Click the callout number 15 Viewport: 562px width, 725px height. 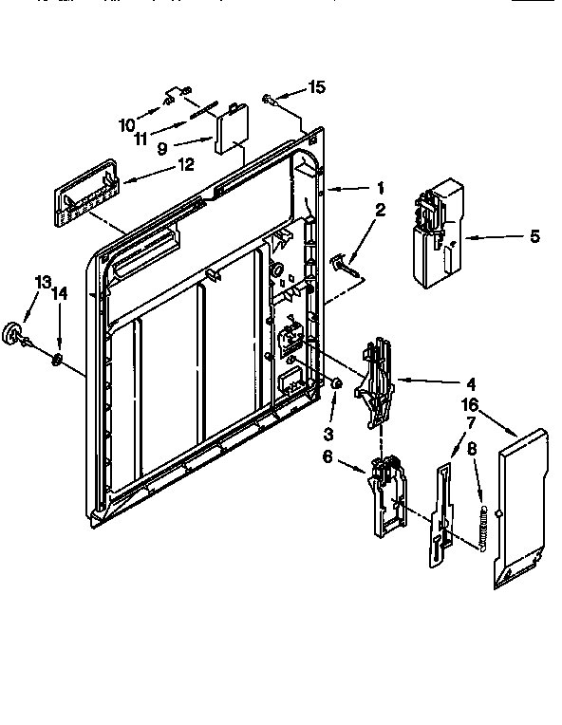click(316, 87)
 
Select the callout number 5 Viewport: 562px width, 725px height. click(534, 236)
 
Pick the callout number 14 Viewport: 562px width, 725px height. click(61, 294)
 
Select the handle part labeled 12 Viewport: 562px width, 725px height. click(85, 193)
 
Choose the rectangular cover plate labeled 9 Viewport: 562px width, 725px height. click(230, 130)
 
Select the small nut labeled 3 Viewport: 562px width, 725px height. click(335, 382)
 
